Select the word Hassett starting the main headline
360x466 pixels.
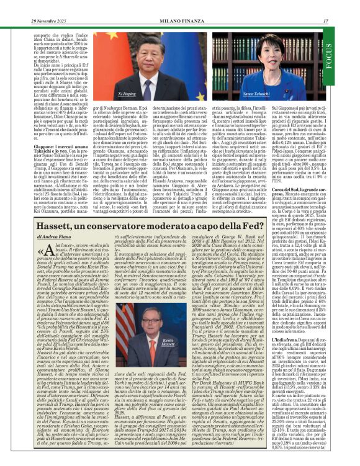point(48,212)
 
